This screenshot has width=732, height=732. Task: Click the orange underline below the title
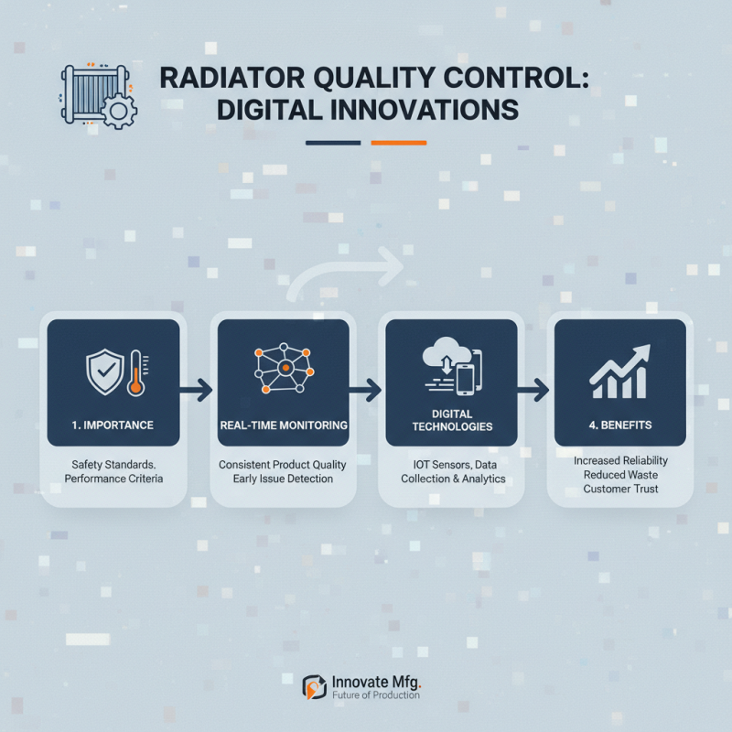click(x=399, y=143)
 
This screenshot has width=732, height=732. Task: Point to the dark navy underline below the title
click(x=333, y=143)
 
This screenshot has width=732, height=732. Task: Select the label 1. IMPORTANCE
click(x=113, y=425)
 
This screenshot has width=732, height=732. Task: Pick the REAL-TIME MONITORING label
click(x=283, y=425)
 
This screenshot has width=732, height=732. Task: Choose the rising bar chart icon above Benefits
click(x=619, y=371)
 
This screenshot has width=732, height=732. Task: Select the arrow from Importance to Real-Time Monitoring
click(x=195, y=391)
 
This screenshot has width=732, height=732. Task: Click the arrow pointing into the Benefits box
click(x=532, y=391)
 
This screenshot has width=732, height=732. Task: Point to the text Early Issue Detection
click(x=283, y=479)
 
